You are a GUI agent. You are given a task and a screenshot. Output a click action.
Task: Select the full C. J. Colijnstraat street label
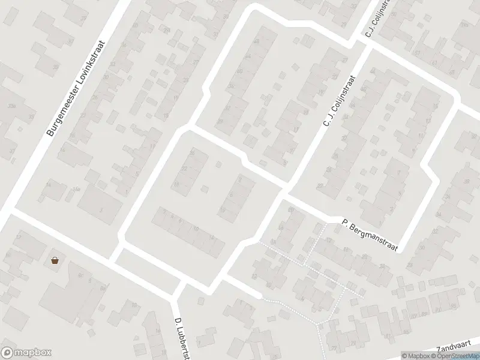(x=340, y=101)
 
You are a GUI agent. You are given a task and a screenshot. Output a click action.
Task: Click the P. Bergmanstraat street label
(x=370, y=235)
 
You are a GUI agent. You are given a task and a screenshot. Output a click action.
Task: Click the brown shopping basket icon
(x=55, y=261)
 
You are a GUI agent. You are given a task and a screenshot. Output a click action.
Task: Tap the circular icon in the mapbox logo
(x=8, y=353)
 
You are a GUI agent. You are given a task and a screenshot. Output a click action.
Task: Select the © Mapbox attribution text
(x=416, y=356)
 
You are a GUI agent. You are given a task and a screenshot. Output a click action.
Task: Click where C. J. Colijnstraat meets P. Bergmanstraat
(x=285, y=192)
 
